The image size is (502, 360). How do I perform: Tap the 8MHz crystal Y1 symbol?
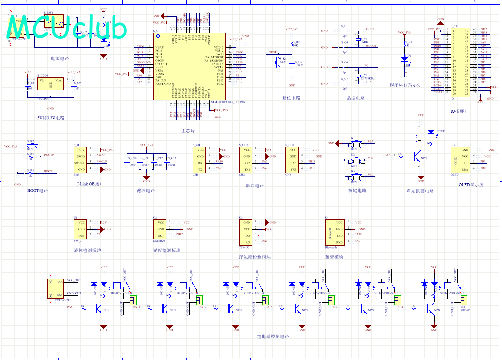pyautogui.click(x=358, y=40)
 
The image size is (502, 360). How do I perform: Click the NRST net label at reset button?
pyautogui.click(x=272, y=52)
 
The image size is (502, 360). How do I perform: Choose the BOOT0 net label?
pyautogui.click(x=49, y=155)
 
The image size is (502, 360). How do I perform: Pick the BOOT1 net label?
pyautogui.click(x=49, y=171)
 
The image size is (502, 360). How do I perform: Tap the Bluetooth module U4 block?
pyautogui.click(x=334, y=232)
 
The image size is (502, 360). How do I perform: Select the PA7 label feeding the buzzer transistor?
pyautogui.click(x=387, y=155)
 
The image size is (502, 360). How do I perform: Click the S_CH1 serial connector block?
pyautogui.click(x=200, y=160)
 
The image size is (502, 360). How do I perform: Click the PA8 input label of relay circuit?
pyautogui.click(x=70, y=307)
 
